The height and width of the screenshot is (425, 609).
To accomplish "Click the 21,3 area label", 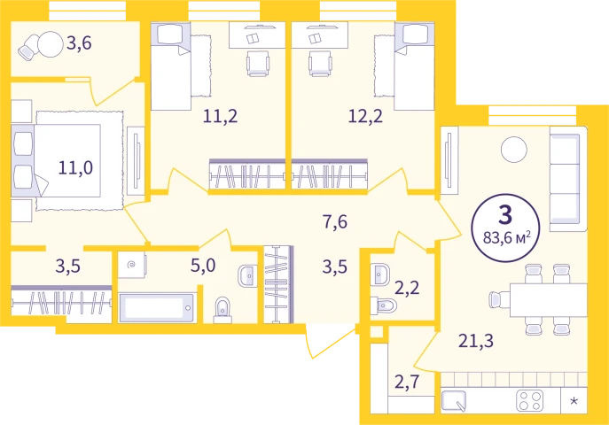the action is click(x=476, y=341).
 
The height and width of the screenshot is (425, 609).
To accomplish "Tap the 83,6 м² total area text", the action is click(x=506, y=237).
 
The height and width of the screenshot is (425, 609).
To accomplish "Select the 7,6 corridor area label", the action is click(x=335, y=222).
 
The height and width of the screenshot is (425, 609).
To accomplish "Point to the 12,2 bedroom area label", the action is click(x=365, y=116).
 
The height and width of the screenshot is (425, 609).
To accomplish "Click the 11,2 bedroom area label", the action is click(x=220, y=116).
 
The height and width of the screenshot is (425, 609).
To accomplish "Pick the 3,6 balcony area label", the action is click(x=79, y=43).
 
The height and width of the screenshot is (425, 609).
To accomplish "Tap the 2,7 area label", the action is click(x=407, y=382).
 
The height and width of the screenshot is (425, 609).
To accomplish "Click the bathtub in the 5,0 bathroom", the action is click(x=157, y=307).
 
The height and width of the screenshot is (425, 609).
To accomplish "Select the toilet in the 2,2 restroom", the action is click(x=383, y=305).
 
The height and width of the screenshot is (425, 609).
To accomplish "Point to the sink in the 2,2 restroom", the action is click(x=379, y=274).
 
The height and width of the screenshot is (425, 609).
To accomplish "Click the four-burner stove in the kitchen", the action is click(x=530, y=401).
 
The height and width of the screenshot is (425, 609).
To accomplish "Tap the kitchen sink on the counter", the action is click(x=454, y=401).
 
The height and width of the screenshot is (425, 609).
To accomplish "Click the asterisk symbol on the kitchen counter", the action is click(x=574, y=400).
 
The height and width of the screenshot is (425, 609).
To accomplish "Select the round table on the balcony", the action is click(x=51, y=44).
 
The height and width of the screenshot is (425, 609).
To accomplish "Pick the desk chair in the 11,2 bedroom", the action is click(x=258, y=63).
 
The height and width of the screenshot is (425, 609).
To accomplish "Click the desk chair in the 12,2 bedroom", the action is click(x=320, y=63).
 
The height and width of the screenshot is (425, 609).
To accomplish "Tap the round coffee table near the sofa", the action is click(x=514, y=150).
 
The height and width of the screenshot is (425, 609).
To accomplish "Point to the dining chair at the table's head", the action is click(x=499, y=300).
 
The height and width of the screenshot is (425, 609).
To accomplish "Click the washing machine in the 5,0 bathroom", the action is click(x=132, y=265).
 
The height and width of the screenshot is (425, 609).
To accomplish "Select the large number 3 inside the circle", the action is click(x=505, y=215).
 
